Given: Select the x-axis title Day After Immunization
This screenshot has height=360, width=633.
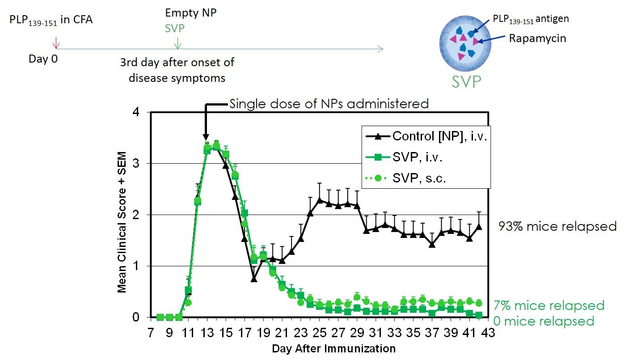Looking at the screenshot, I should pyautogui.click(x=333, y=348).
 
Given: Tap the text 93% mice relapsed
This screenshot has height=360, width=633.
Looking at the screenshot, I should pyautogui.click(x=557, y=226).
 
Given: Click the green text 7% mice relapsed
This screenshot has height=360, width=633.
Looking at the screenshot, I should pyautogui.click(x=549, y=305).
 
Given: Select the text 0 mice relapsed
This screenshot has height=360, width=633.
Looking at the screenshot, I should pyautogui.click(x=544, y=321).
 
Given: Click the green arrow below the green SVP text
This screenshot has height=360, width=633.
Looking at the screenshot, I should pyautogui.click(x=178, y=42).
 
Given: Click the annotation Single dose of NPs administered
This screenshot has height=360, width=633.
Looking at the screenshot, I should pyautogui.click(x=329, y=104).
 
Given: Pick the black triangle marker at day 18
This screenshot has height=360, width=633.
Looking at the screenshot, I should pyautogui.click(x=254, y=278).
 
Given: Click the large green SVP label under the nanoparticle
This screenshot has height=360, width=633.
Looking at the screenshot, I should pyautogui.click(x=466, y=81).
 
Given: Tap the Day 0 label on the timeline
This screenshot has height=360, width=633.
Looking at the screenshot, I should pyautogui.click(x=43, y=59).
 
